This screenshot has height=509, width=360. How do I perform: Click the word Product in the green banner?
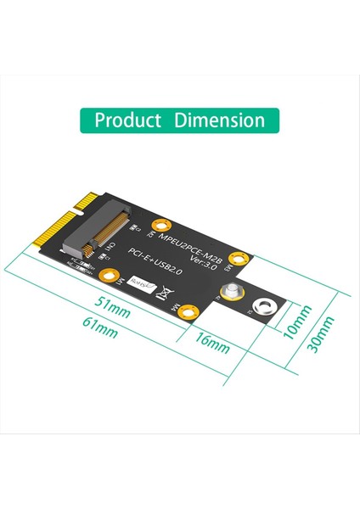tap(127, 120)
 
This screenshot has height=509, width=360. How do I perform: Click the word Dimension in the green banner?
tap(219, 120)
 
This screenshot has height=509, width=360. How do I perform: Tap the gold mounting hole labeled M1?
tap(108, 276)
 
